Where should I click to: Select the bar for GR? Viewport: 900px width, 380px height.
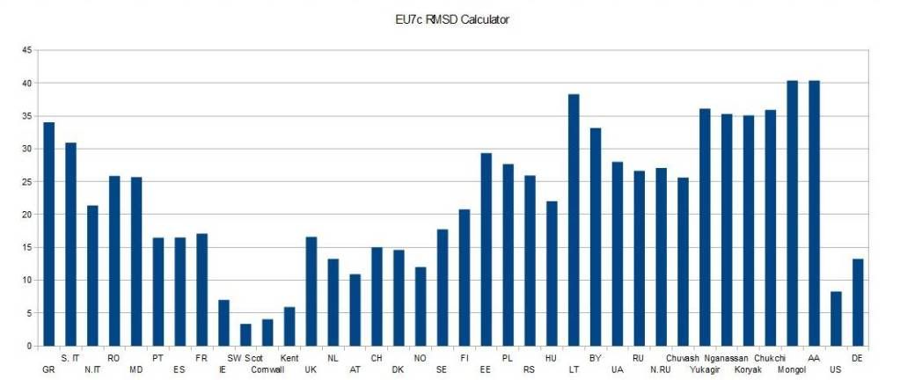(49, 234)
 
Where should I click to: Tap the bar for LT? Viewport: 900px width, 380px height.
(574, 220)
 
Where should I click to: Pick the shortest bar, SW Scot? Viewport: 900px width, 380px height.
(245, 335)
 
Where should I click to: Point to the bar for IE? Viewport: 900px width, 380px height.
(223, 323)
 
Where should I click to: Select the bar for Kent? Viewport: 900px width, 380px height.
(289, 326)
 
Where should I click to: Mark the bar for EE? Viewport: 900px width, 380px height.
(487, 250)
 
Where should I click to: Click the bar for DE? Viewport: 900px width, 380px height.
(858, 303)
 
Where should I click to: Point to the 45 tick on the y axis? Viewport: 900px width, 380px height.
(28, 50)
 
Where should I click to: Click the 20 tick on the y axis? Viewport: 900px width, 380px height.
(28, 215)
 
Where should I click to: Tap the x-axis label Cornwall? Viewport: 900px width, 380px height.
(267, 369)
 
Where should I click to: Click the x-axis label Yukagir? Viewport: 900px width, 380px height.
(705, 369)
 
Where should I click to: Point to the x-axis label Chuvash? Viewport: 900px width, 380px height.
(683, 358)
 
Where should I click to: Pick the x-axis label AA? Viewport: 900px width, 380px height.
(814, 358)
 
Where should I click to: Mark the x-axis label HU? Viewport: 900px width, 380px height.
(552, 358)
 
